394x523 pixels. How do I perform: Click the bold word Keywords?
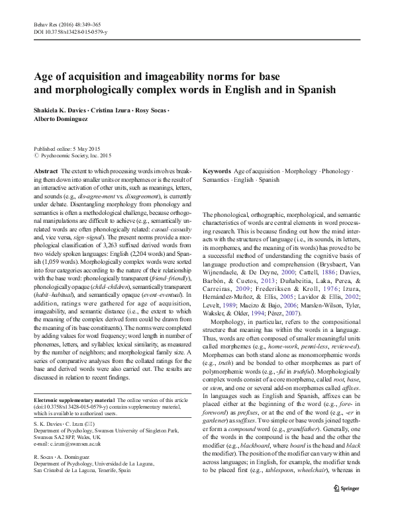(x=217, y=171)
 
